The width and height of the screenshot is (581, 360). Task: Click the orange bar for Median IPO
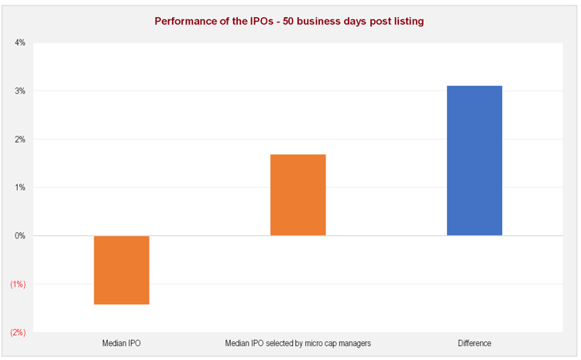(x=122, y=269)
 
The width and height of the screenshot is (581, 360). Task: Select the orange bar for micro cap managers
(x=298, y=194)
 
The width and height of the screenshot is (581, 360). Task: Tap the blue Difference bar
(x=474, y=160)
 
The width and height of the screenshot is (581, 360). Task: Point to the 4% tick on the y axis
(x=20, y=43)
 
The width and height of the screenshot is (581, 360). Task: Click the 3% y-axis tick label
(x=20, y=91)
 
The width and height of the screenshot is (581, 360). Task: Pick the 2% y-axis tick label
(x=20, y=139)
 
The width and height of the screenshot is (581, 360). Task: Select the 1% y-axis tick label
(x=20, y=187)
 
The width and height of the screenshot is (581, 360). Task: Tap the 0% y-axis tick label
(x=20, y=236)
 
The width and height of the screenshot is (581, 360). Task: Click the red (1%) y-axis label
(x=18, y=284)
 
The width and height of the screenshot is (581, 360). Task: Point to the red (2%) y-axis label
(x=18, y=332)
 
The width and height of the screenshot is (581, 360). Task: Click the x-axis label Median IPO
(x=122, y=343)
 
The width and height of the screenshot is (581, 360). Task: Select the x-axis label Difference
(x=474, y=343)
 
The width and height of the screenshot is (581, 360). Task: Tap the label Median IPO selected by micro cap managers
(x=298, y=343)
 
